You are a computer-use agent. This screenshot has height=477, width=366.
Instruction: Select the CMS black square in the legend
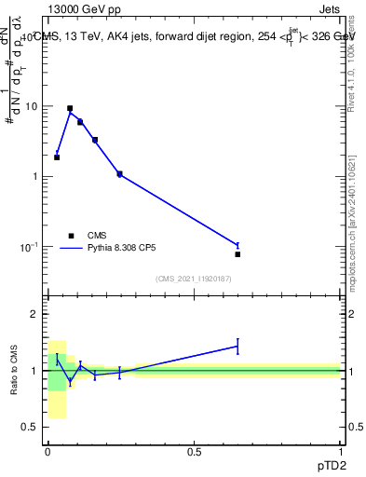(71, 236)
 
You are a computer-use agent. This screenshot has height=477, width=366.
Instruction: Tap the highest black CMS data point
(70, 108)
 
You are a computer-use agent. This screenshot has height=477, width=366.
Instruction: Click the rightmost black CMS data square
(237, 254)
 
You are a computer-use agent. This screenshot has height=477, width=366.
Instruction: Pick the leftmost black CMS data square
(57, 157)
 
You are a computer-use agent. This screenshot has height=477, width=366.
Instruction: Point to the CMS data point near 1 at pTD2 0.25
(119, 173)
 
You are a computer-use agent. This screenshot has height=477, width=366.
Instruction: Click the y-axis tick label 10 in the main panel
(32, 106)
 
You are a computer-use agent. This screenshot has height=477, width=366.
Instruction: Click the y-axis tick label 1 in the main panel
(35, 177)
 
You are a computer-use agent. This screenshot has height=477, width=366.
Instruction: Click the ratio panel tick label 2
(35, 315)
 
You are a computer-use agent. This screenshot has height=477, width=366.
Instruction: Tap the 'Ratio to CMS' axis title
(14, 371)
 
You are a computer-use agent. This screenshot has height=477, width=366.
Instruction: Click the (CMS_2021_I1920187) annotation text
(194, 279)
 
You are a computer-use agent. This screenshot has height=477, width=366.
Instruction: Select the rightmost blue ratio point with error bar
(237, 347)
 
